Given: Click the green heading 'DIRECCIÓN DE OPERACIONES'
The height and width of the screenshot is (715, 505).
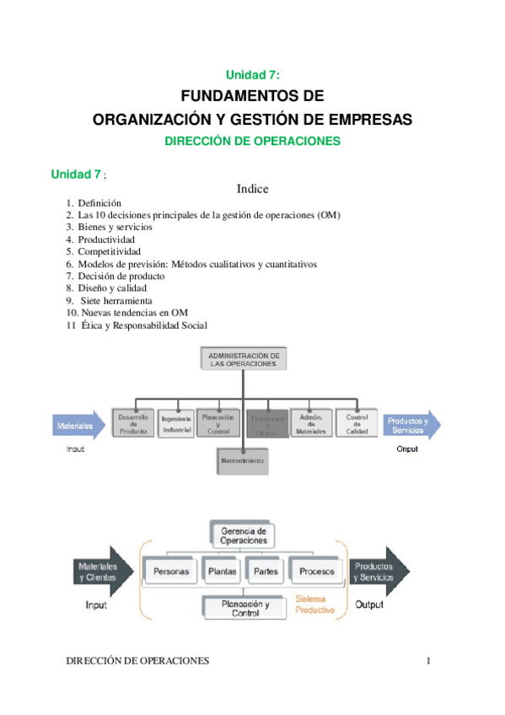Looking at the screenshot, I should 252,142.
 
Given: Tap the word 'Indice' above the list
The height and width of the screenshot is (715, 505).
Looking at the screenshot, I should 252,189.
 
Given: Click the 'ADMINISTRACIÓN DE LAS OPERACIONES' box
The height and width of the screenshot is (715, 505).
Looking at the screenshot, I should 243,358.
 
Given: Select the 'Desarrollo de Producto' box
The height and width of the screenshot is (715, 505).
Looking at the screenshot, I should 133,423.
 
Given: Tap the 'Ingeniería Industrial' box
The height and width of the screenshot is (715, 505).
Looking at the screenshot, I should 177,423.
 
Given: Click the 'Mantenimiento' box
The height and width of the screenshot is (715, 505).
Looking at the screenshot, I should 242,461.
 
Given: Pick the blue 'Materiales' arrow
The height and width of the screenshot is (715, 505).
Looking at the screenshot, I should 79,427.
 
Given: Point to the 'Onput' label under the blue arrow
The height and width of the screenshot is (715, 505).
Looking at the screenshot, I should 407,449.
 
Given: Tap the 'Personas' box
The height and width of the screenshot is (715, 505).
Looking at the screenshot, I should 170,572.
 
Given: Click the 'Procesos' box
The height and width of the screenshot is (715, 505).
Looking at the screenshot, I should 316,572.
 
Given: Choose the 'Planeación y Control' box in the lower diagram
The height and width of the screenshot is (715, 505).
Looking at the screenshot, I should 244,609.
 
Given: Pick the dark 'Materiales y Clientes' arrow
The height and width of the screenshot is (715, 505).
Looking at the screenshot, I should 100,573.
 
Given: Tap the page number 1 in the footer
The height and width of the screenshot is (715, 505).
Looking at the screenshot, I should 428,661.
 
